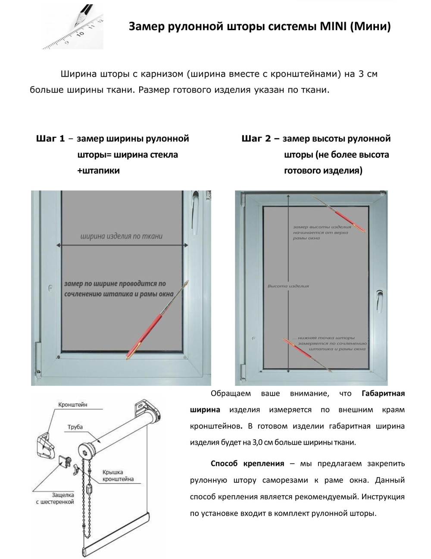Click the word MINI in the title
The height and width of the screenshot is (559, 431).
tap(333, 27)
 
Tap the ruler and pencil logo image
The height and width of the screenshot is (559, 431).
tap(73, 27)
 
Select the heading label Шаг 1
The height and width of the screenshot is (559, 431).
tap(50, 139)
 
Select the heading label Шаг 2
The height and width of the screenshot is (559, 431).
tap(256, 139)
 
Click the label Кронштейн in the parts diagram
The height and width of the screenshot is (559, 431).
tap(73, 405)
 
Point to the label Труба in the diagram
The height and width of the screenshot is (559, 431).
tap(75, 427)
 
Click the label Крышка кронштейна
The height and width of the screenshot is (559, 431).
tap(118, 475)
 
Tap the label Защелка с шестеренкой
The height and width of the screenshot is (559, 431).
tap(55, 499)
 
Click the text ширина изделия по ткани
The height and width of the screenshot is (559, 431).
tap(122, 236)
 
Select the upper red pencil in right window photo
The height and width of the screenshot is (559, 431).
tap(339, 213)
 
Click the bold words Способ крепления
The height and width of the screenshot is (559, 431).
tap(247, 464)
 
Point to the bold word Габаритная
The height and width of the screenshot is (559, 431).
tap(383, 393)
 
